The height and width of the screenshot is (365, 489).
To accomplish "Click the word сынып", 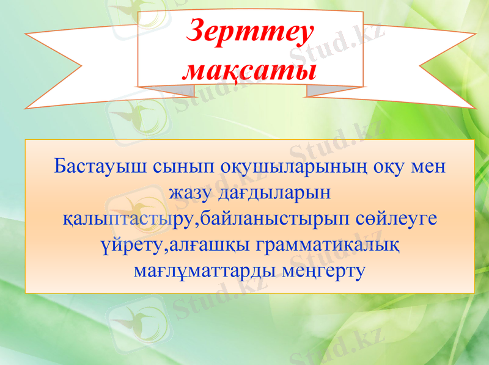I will (175, 166).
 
